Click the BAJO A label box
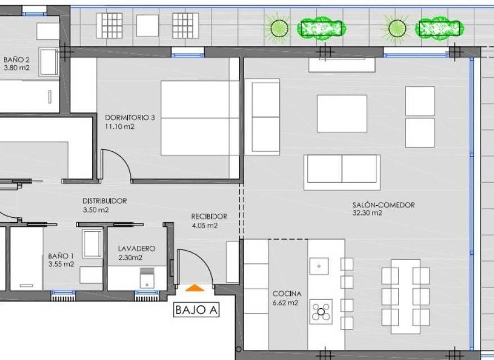click(x=196, y=310)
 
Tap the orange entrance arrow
click(x=195, y=288)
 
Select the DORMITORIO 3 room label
click(x=130, y=118)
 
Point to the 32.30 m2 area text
click(x=367, y=213)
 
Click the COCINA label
click(x=287, y=294)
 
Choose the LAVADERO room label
click(x=137, y=249)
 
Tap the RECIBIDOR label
click(x=209, y=217)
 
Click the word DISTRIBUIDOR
click(x=105, y=201)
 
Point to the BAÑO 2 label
click(x=16, y=59)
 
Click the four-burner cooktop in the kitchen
click(x=321, y=312)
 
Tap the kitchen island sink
click(x=319, y=266)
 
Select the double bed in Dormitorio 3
click(x=200, y=118)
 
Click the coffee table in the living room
click(x=342, y=114)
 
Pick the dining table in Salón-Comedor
click(x=406, y=296)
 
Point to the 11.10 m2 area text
click(x=120, y=127)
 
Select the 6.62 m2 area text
click(x=285, y=303)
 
